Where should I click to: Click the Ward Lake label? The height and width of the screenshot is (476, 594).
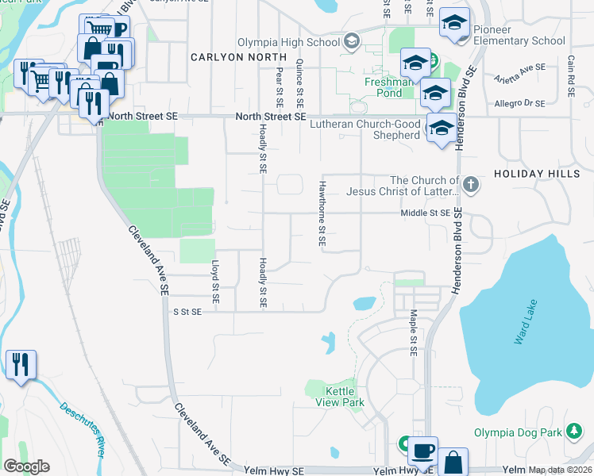tap(526, 321)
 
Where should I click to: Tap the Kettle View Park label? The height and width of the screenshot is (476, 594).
tap(345, 397)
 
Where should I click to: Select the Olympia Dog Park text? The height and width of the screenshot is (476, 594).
tap(518, 432)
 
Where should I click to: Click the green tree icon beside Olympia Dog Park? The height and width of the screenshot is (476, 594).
tap(574, 432)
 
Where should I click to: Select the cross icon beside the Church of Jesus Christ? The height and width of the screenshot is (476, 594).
tap(471, 186)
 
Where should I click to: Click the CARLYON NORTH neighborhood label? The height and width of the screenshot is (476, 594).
tap(238, 57)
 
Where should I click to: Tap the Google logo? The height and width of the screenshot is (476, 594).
tap(26, 466)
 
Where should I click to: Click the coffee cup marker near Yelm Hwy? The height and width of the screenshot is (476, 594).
tap(422, 450)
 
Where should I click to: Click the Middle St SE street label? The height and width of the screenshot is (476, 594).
tap(426, 213)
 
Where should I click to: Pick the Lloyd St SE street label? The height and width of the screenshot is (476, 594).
tap(214, 282)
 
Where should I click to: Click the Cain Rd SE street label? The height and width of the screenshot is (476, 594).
tap(570, 77)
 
